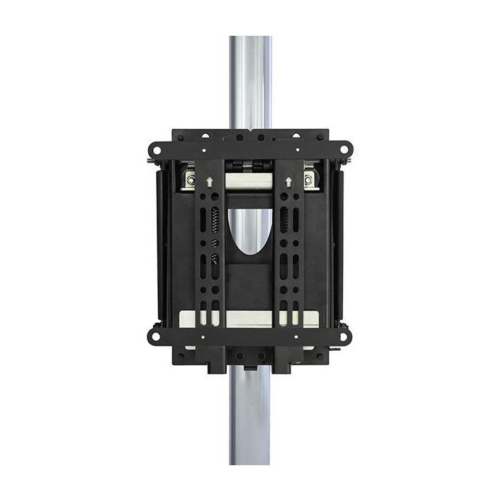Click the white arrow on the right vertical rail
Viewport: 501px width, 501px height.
tap(289, 183)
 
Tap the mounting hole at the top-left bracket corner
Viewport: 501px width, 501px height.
tap(154, 150)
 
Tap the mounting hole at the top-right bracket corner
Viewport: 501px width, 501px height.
tap(345, 150)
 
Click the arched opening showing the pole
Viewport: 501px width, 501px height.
tap(250, 229)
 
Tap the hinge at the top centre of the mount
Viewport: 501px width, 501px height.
tap(250, 165)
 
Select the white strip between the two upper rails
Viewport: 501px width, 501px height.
tap(250, 182)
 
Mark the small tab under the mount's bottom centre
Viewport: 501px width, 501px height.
tap(250, 367)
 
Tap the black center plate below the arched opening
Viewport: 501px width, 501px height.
tap(250, 286)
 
